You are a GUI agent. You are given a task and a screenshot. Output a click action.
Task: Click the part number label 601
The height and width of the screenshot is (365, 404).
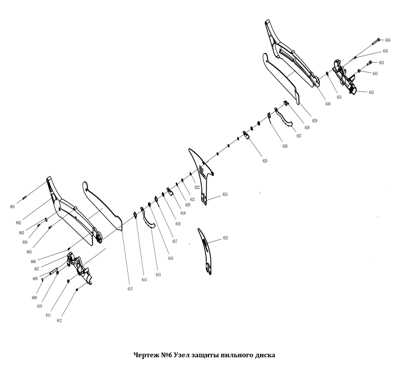click(12, 207)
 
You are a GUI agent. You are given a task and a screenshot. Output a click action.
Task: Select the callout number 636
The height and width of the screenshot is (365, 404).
click(388, 40)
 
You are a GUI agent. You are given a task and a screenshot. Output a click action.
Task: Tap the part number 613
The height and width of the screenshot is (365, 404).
click(130, 289)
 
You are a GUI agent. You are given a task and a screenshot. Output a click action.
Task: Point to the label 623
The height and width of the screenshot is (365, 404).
click(225, 238)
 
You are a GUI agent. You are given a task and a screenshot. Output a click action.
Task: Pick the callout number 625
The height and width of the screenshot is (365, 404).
click(265, 161)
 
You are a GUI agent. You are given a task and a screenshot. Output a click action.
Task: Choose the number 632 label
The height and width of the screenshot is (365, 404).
click(371, 92)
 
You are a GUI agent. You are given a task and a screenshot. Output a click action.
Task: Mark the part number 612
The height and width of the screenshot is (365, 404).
click(59, 321)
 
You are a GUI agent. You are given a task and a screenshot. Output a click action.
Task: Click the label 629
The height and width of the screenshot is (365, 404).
click(315, 121)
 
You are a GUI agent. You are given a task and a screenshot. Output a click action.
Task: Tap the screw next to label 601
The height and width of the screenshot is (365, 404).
click(24, 198)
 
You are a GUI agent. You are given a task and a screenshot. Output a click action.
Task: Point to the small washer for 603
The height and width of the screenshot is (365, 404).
click(46, 219)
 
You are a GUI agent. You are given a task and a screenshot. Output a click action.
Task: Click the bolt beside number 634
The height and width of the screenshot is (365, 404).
click(369, 63)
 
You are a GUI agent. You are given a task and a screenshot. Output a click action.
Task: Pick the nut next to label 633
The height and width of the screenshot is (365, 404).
click(358, 71)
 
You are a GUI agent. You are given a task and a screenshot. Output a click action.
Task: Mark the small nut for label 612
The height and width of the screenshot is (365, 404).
click(77, 290)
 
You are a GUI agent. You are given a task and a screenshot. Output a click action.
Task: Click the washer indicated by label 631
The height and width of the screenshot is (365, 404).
click(327, 74)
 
